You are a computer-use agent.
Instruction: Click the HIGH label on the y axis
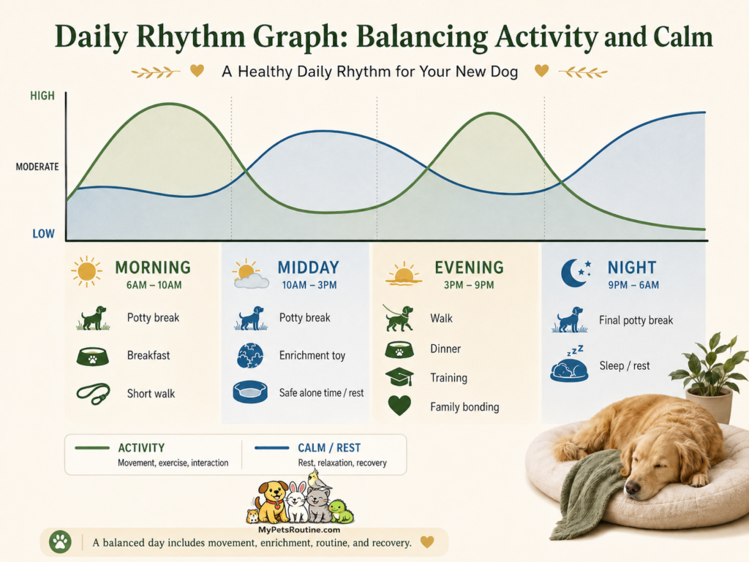42,96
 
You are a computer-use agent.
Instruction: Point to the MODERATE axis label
37,167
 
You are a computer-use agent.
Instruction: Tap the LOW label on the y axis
43,234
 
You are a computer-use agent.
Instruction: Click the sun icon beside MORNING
86,271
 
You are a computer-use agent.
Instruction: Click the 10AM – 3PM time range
309,285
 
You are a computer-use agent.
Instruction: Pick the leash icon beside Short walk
93,394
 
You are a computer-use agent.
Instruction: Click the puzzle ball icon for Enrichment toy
250,355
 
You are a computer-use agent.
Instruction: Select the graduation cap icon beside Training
399,377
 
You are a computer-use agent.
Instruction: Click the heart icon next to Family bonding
399,406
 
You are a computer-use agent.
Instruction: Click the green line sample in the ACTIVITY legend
92,448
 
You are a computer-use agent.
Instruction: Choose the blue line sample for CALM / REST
272,448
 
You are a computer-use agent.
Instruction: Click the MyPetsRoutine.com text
299,530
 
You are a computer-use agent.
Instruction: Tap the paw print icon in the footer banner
60,542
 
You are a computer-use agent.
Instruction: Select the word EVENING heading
469,267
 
